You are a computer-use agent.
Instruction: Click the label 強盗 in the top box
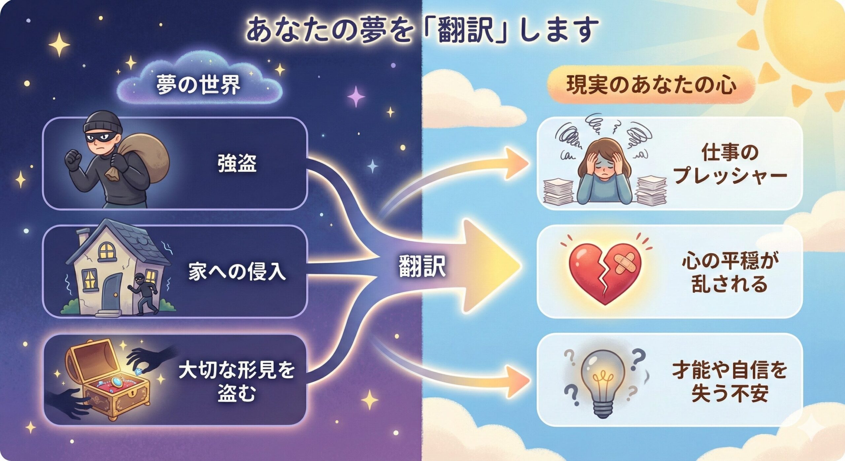pyautogui.click(x=237, y=163)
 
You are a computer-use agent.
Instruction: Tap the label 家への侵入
pyautogui.click(x=237, y=272)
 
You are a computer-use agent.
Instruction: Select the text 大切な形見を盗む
pyautogui.click(x=237, y=381)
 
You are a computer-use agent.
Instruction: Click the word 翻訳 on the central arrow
pyautogui.click(x=422, y=266)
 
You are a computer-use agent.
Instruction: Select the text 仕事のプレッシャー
pyautogui.click(x=730, y=164)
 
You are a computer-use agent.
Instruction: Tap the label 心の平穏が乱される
pyautogui.click(x=730, y=272)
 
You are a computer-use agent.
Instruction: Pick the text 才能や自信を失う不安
pyautogui.click(x=730, y=381)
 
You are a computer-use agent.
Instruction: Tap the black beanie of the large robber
pyautogui.click(x=103, y=122)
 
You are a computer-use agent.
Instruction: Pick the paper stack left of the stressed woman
pyautogui.click(x=558, y=192)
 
